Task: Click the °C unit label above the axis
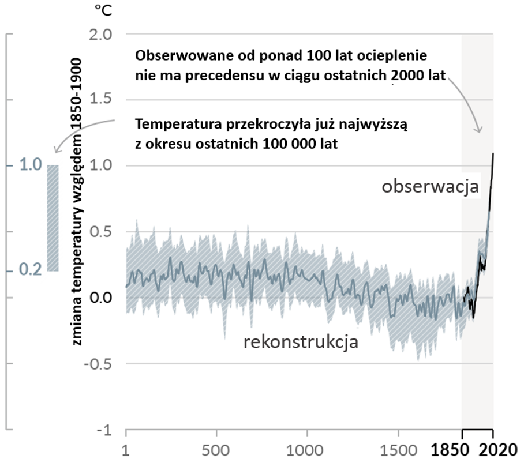101,12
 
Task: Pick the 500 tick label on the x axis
216,449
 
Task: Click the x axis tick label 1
126,449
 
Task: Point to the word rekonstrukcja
301,341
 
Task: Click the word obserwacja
430,187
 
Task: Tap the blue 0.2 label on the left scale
29,270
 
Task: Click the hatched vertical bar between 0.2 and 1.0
53,218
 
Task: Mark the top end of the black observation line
493,153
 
